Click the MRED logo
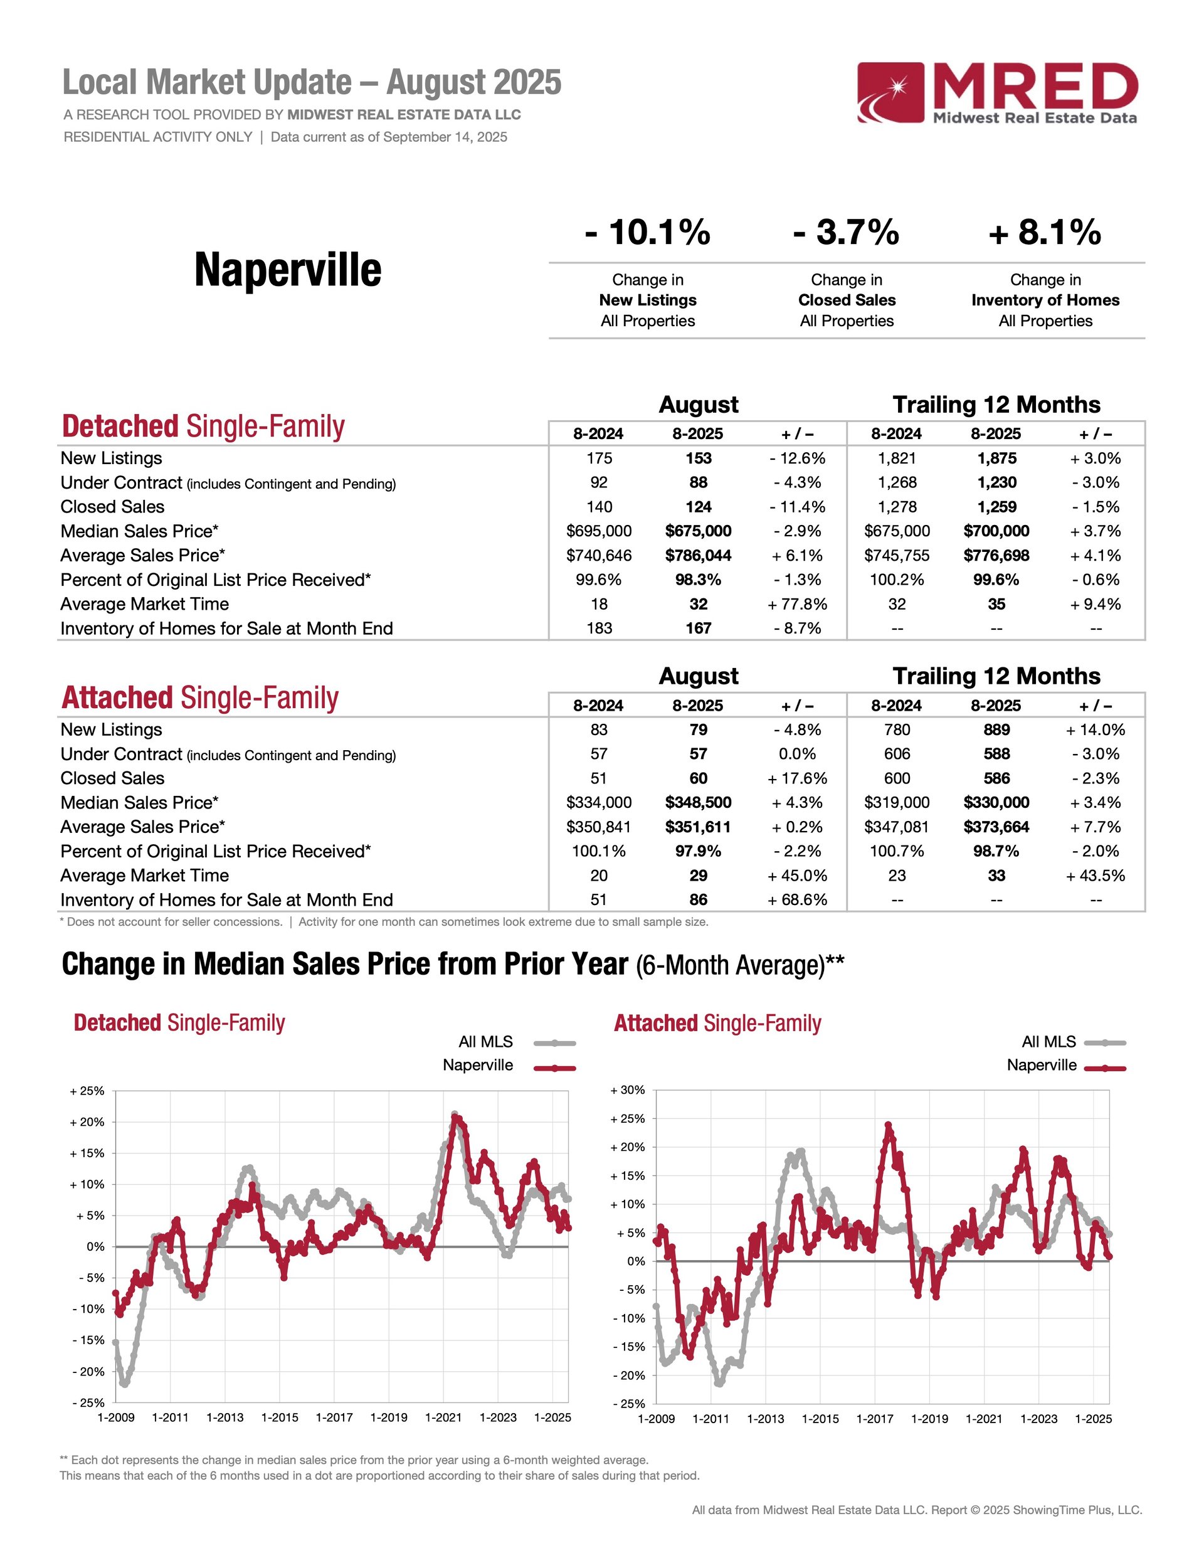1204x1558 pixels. (x=996, y=93)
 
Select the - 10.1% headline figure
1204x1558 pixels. (x=647, y=233)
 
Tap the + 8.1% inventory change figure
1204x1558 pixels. (x=1045, y=233)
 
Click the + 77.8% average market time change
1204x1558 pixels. (x=797, y=604)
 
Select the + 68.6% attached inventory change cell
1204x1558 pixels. (x=797, y=899)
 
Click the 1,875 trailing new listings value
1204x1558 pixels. (x=996, y=458)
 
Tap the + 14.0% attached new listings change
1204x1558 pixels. (x=1095, y=730)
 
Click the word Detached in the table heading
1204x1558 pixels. (x=120, y=427)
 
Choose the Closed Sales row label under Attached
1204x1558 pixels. (x=112, y=778)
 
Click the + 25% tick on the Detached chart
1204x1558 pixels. (x=87, y=1091)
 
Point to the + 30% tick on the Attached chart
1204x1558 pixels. (x=628, y=1090)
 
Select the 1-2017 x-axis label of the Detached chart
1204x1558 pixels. (x=334, y=1418)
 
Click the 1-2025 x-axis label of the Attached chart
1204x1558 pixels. (x=1094, y=1419)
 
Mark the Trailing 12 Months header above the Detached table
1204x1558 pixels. (x=996, y=405)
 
